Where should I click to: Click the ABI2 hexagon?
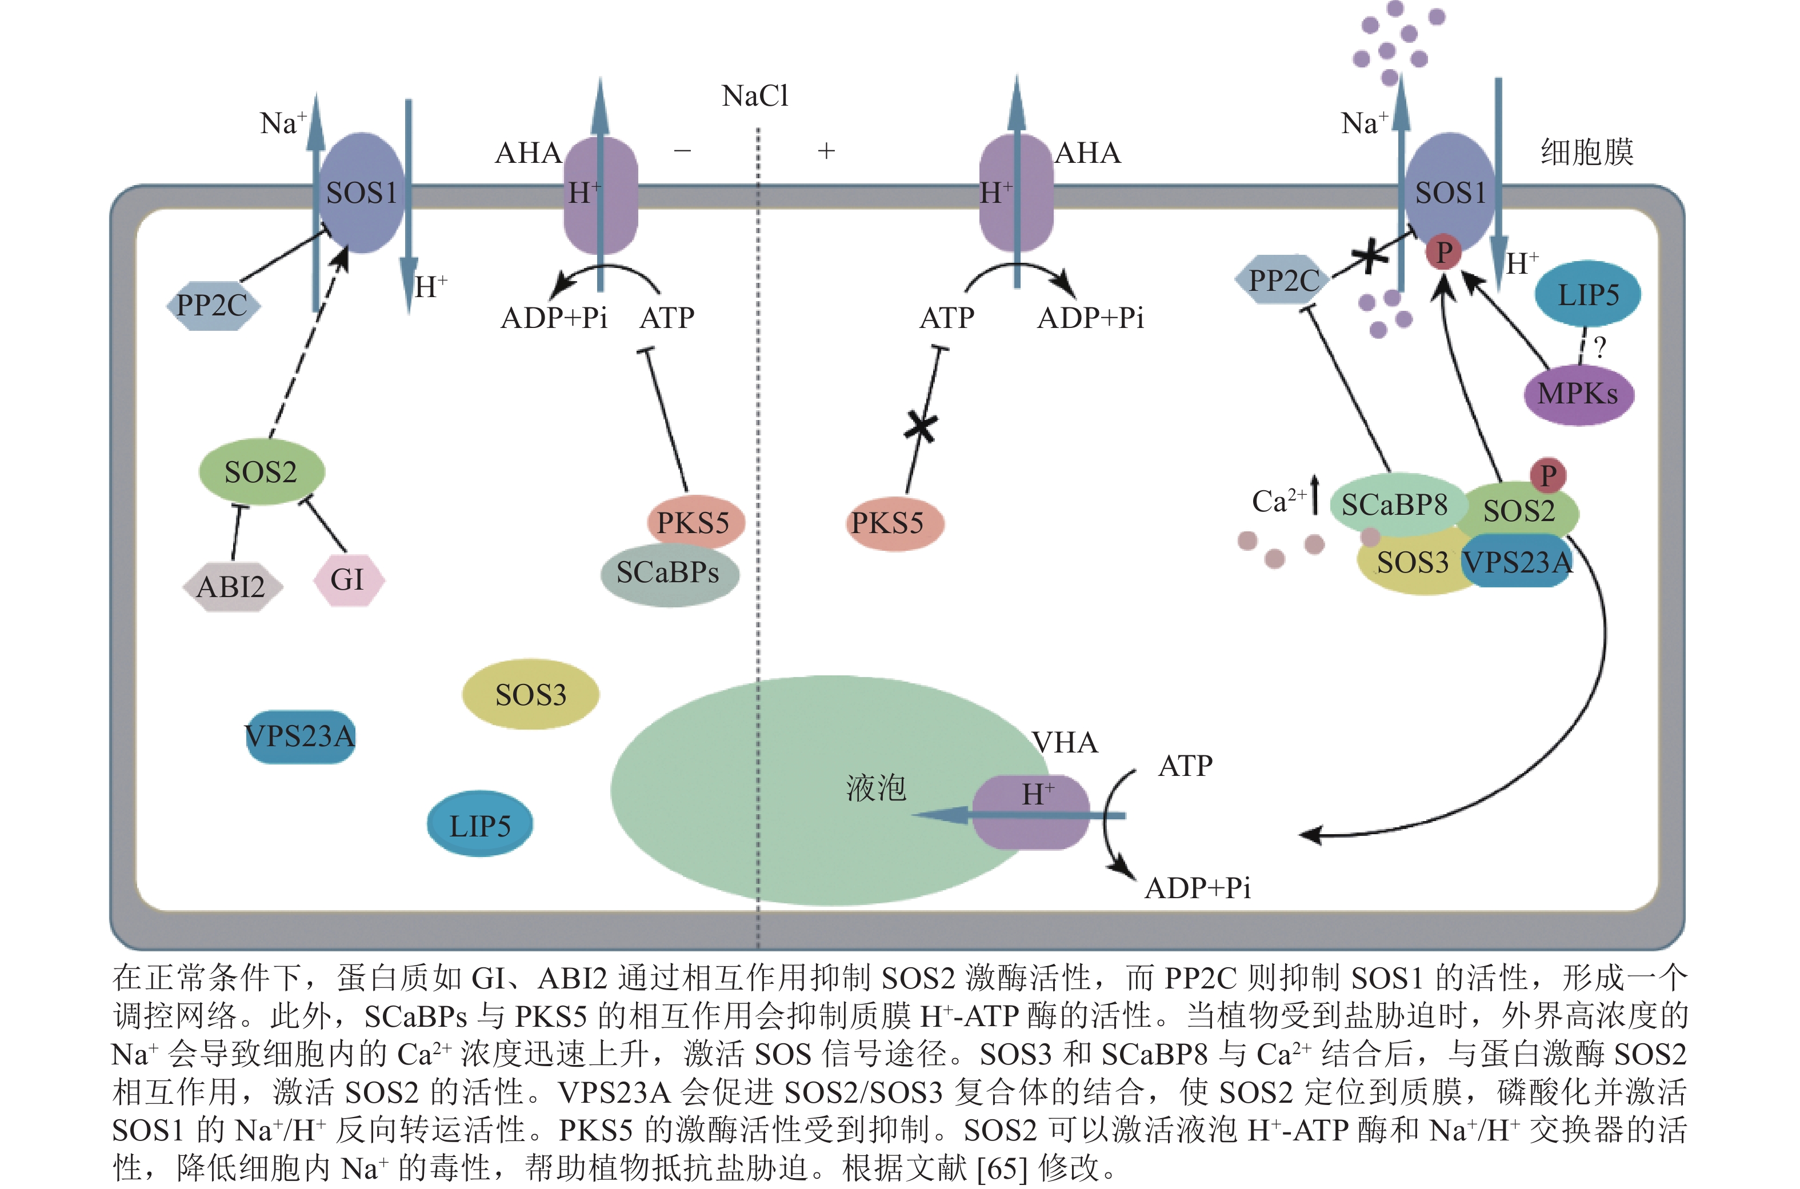(232, 587)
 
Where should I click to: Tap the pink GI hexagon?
(348, 580)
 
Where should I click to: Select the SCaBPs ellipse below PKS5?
(669, 573)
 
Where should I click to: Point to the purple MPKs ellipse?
(1578, 394)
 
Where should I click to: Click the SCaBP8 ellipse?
(1394, 505)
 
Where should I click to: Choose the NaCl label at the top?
(755, 97)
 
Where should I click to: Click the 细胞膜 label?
(1586, 153)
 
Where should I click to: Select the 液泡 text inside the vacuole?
(876, 788)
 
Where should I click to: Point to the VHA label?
(1065, 742)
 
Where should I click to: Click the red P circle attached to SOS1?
(1443, 252)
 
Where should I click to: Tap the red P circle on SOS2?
(1547, 475)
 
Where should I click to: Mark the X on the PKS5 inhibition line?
(921, 427)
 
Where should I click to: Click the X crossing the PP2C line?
(1369, 257)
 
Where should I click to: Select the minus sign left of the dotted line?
(682, 151)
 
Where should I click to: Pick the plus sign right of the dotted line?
(826, 151)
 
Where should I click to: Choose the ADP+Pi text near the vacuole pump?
(1197, 887)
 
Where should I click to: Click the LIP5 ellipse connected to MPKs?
(1587, 294)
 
